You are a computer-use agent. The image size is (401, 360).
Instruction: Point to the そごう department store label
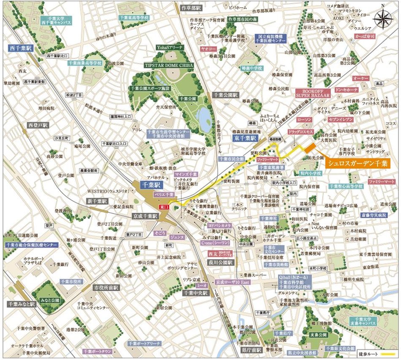[x=159, y=233]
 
